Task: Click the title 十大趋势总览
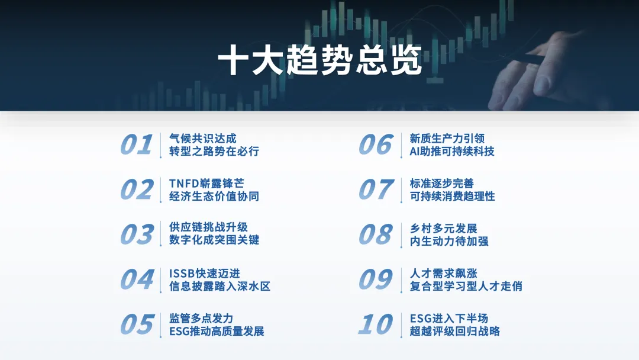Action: pos(320,60)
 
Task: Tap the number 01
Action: pos(137,144)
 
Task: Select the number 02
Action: pos(137,189)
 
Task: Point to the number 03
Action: pos(137,234)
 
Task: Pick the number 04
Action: pos(137,279)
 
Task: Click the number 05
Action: pos(137,324)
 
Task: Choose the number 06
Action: pos(376,144)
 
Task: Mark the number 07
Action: pos(376,189)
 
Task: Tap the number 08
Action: pos(376,234)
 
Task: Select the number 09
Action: pos(376,279)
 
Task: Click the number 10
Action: pos(376,324)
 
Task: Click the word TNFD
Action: pos(184,184)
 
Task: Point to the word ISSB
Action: pos(182,273)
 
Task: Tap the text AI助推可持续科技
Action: pos(452,151)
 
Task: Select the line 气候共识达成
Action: pos(202,139)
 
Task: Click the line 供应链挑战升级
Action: pos(208,227)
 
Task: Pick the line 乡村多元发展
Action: pos(443,229)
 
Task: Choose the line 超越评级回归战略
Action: pos(455,331)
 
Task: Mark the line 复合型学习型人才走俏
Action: pos(466,286)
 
